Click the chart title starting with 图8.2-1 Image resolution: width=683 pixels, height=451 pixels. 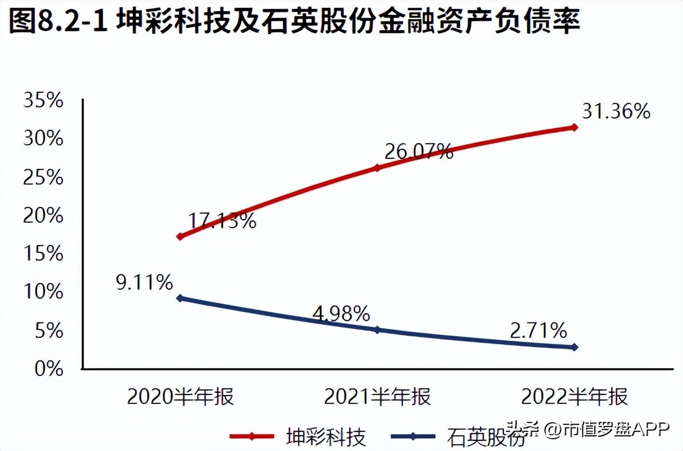click(294, 24)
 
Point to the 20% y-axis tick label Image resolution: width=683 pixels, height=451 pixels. click(43, 216)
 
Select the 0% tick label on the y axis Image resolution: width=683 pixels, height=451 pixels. click(49, 369)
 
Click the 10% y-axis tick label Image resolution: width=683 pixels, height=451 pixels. click(43, 293)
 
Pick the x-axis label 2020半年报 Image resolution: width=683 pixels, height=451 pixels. click(180, 397)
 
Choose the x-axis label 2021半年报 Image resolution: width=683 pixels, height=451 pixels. click(377, 397)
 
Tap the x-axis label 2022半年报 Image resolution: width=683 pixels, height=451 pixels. click(574, 397)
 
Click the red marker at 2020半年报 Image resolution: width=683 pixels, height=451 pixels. click(180, 237)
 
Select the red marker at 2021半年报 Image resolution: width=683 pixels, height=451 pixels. click(377, 168)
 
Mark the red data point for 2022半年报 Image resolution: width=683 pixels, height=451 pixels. click(574, 127)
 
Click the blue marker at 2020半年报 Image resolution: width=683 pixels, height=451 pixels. click(180, 298)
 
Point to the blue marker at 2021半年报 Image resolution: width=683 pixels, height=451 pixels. click(377, 330)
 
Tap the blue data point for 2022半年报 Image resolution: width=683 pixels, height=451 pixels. click(574, 347)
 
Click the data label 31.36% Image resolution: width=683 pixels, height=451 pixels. click(616, 112)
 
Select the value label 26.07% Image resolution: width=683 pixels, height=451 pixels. click(418, 151)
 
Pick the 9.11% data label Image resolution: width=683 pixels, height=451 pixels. click(144, 283)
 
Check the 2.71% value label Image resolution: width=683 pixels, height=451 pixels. click(538, 331)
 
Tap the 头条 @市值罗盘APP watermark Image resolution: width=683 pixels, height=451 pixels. click(588, 429)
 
